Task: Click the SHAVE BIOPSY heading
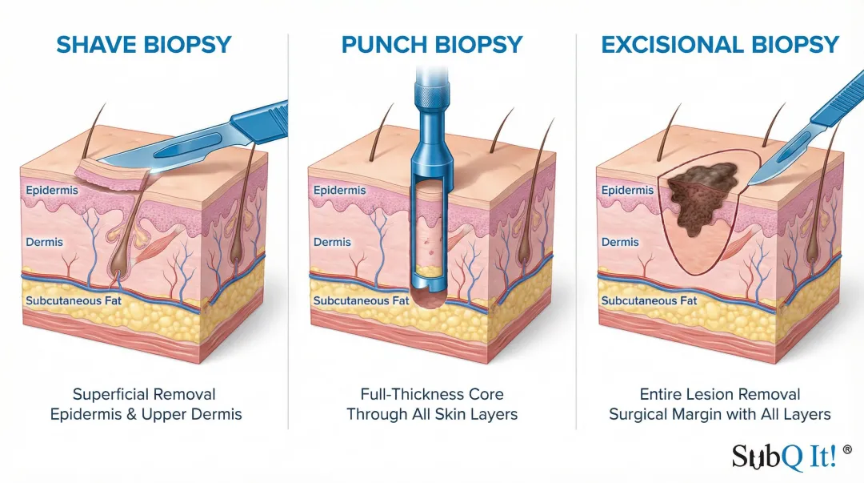click(x=144, y=45)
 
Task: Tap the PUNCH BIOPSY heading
click(x=433, y=45)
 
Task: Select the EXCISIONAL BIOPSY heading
click(x=720, y=45)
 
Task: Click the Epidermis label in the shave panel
click(x=52, y=191)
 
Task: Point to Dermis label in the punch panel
click(x=332, y=242)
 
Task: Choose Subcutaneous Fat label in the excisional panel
click(x=649, y=301)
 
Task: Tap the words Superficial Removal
click(x=144, y=394)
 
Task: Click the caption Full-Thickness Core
click(x=432, y=394)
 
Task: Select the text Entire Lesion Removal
click(x=720, y=394)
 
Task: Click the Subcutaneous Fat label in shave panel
click(x=73, y=301)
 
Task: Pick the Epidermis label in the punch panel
click(x=340, y=191)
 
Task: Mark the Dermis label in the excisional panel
click(x=620, y=242)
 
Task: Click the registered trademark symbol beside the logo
click(x=847, y=450)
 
